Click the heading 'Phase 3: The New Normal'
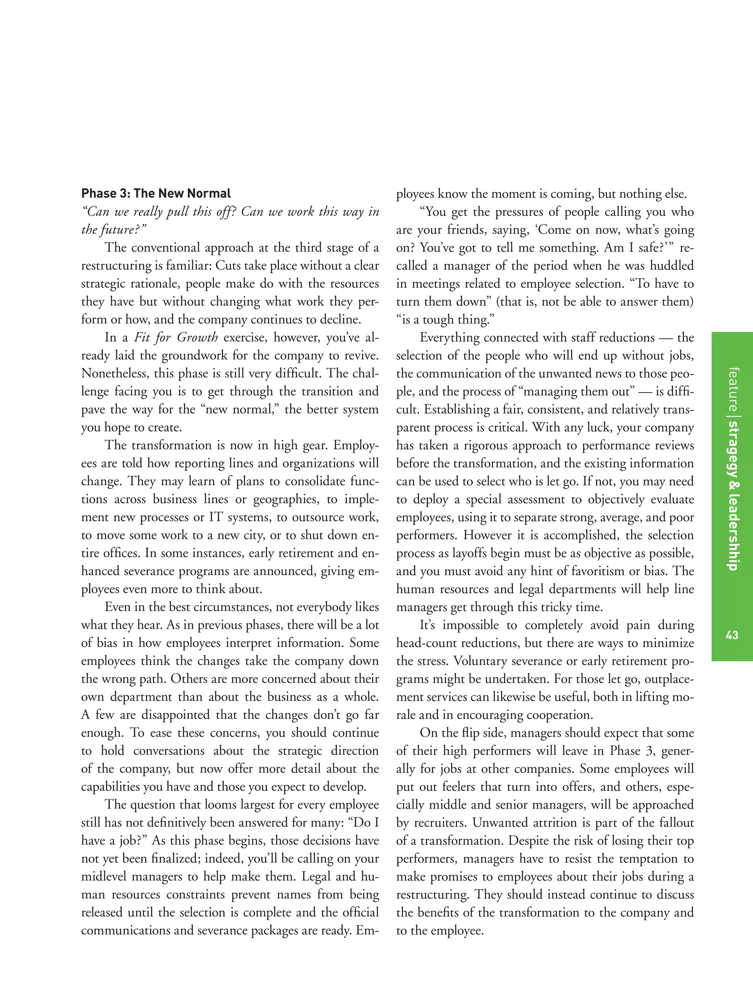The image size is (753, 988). point(156,194)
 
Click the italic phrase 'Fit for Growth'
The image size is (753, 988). point(176,337)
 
